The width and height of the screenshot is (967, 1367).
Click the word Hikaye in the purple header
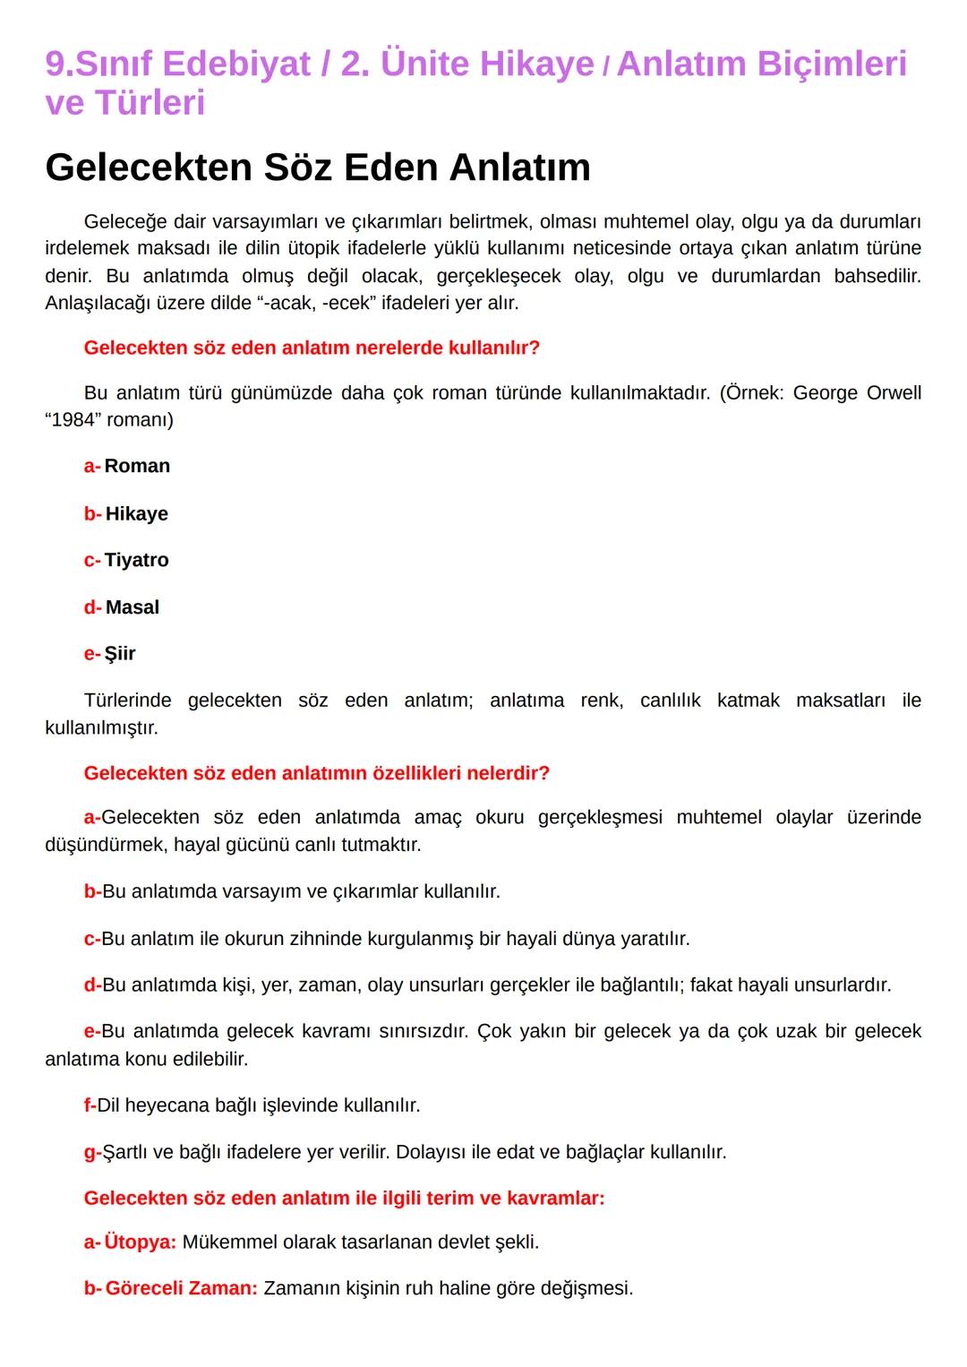coord(535,64)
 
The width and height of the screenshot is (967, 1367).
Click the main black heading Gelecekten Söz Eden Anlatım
coord(318,168)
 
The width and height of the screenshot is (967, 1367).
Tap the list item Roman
coord(137,466)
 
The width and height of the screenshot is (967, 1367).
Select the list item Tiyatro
coord(136,560)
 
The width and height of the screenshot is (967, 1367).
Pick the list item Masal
coord(133,607)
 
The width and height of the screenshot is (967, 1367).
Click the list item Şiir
coord(120,654)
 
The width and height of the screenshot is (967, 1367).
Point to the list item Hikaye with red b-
coord(136,514)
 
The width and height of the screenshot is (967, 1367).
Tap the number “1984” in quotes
coord(73,420)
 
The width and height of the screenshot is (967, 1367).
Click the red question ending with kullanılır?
coord(312,348)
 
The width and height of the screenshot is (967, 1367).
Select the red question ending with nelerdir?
coord(316,773)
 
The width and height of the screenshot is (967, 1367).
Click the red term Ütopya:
coord(140,1242)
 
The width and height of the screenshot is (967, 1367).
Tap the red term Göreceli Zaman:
coord(181,1289)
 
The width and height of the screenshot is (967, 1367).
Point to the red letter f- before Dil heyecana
coord(90,1105)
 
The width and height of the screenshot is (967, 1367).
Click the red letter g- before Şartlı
coord(92,1152)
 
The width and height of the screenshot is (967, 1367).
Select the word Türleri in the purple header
coord(150,103)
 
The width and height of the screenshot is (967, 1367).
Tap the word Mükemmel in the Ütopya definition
coord(224,1242)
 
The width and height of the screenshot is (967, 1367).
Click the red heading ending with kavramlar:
coord(344,1199)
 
